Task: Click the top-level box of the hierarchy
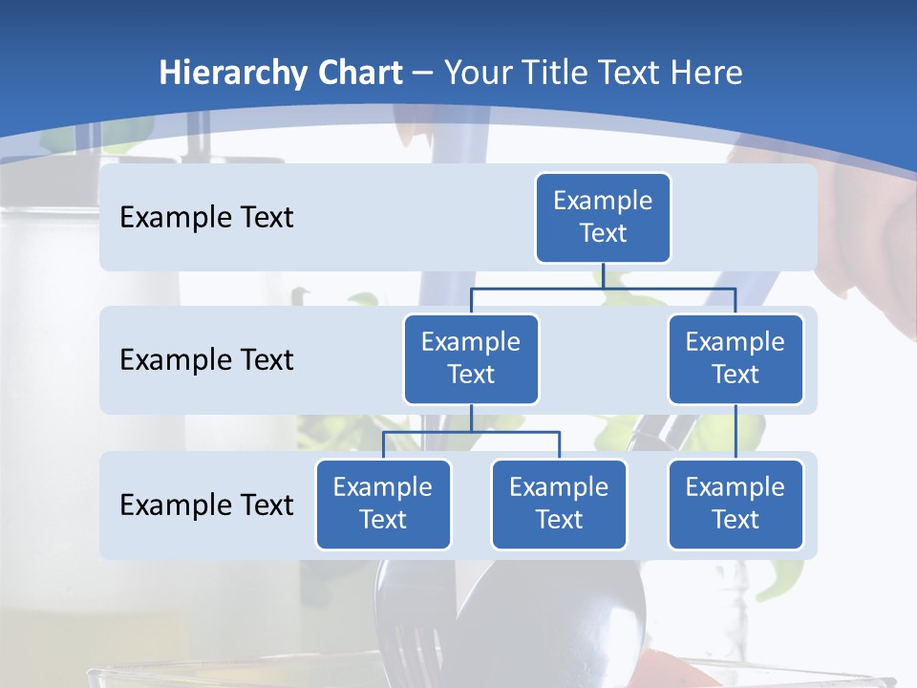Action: (603, 217)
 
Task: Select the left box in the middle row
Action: (471, 358)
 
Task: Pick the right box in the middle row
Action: (736, 358)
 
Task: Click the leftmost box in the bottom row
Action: (383, 504)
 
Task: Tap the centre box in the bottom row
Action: (559, 504)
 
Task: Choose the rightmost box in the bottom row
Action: (736, 504)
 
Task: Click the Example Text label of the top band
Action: (206, 218)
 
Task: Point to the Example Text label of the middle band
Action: (206, 360)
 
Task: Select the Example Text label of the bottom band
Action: (206, 505)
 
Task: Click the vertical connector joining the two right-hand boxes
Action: (736, 432)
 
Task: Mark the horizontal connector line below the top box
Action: (603, 287)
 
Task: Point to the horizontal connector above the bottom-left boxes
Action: (471, 432)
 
